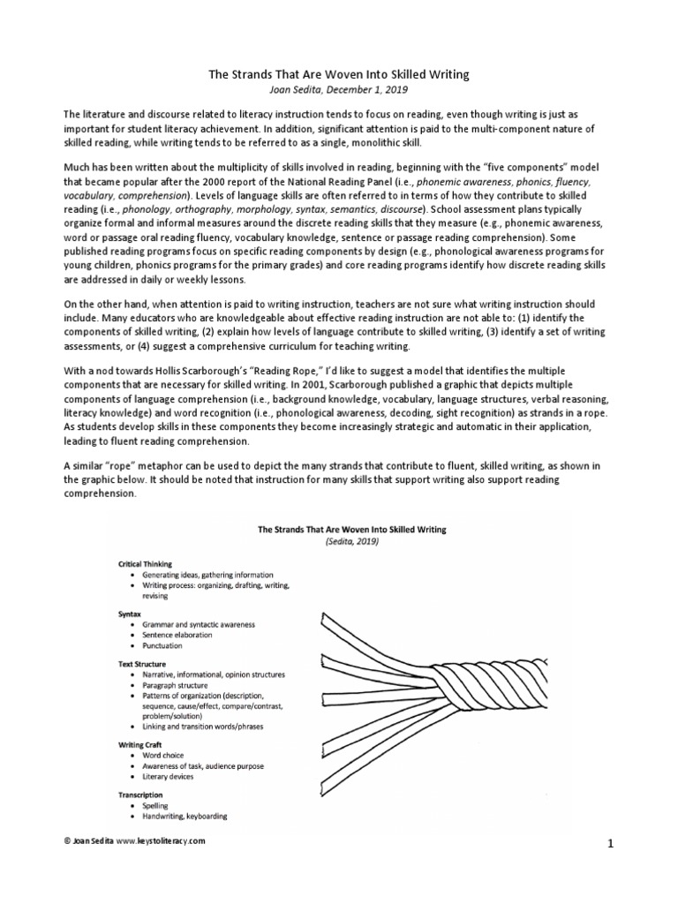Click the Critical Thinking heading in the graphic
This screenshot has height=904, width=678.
pos(145,562)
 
